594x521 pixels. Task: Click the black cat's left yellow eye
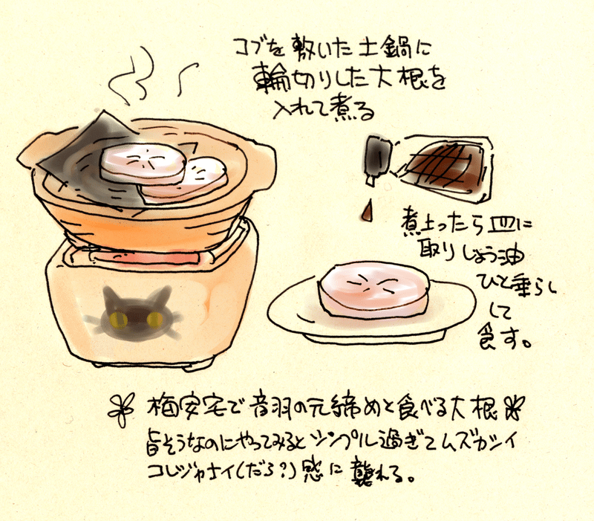click(115, 320)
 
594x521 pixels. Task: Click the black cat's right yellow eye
click(154, 319)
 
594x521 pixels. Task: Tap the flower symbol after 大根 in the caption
click(514, 406)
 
